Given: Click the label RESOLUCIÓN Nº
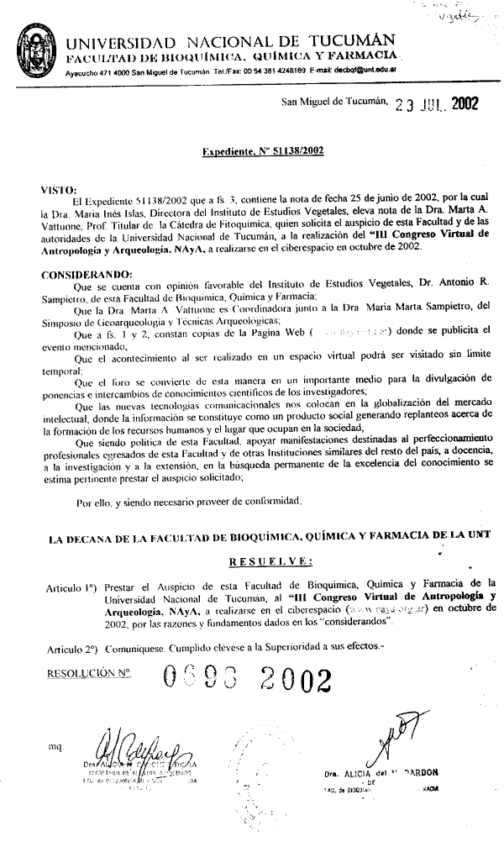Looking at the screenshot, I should pos(90,673).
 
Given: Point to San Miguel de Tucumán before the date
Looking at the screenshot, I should pos(333,103).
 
